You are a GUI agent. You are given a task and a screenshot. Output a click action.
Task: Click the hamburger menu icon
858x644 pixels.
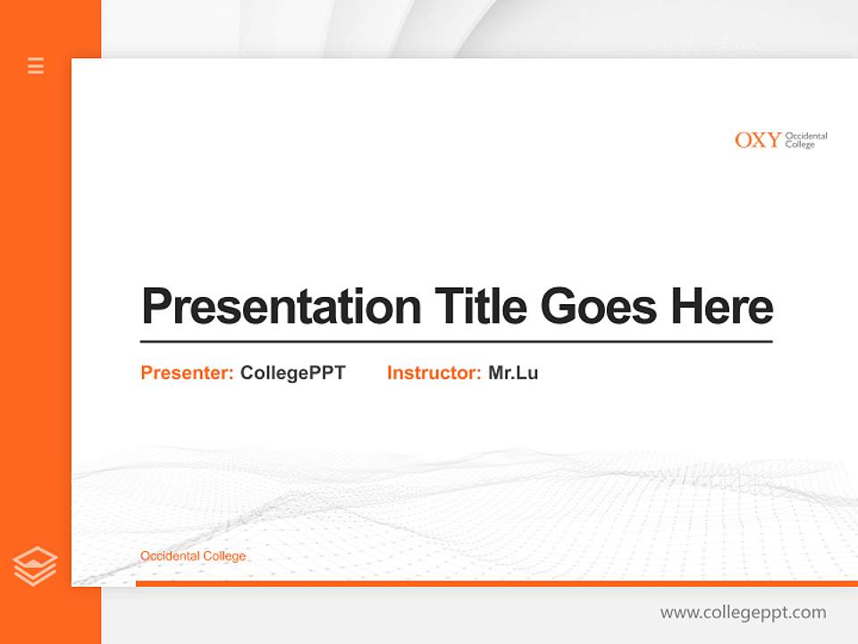(36, 65)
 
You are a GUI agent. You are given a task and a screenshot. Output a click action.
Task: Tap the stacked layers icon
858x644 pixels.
(35, 566)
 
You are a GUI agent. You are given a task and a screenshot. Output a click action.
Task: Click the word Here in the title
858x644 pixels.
(722, 306)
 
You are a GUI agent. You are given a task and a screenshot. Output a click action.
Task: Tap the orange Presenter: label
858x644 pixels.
(188, 373)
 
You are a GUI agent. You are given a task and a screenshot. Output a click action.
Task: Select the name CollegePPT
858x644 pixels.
(292, 373)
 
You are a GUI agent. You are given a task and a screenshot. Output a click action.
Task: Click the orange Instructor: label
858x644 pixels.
(434, 373)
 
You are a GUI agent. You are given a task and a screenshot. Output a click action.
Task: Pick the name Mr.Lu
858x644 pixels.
(513, 373)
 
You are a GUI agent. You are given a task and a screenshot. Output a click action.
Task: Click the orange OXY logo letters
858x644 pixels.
(757, 140)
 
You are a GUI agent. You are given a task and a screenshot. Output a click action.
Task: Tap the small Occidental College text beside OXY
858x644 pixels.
(805, 140)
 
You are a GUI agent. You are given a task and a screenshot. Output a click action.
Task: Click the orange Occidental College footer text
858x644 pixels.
(193, 556)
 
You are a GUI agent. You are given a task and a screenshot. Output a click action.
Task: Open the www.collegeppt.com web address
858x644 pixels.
(743, 613)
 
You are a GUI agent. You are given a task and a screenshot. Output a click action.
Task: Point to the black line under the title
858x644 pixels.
(456, 342)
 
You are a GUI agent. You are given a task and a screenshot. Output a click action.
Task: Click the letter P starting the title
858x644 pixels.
(157, 306)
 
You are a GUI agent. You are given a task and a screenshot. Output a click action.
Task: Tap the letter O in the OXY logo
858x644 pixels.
(744, 140)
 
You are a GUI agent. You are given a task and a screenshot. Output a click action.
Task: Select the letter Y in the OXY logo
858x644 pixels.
(772, 140)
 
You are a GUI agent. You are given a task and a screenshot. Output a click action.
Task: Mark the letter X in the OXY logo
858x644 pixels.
(759, 140)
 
